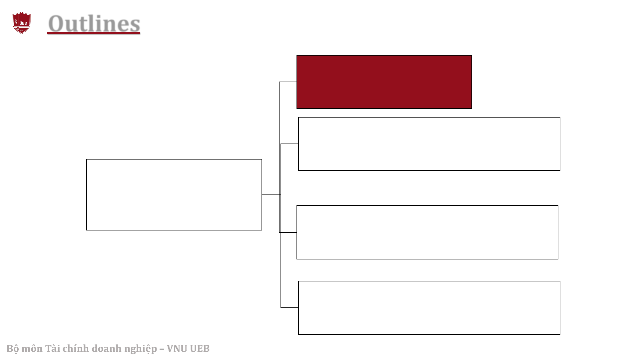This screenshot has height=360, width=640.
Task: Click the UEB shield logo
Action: coord(22,23)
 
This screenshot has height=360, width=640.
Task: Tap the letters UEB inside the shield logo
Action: coord(23,23)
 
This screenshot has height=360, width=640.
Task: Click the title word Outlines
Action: coord(94,24)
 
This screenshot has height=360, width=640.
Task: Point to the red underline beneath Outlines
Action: coord(93,33)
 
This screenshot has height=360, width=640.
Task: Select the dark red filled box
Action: coord(384,82)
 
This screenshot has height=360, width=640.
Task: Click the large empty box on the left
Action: coord(174,194)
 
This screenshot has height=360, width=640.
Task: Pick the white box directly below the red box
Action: coord(429,144)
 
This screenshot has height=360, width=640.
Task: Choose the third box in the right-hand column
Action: coord(427,232)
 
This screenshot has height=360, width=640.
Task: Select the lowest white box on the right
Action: coord(429,308)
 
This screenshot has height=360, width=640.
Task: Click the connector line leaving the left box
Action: coord(271,195)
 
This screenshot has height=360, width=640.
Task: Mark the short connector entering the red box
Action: coord(288,82)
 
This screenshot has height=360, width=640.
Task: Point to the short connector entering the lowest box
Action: coord(290,308)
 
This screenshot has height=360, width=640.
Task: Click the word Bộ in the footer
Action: coord(13,349)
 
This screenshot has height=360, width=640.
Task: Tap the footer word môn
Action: coord(32,349)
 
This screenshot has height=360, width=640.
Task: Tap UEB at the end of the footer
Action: coord(200,348)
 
